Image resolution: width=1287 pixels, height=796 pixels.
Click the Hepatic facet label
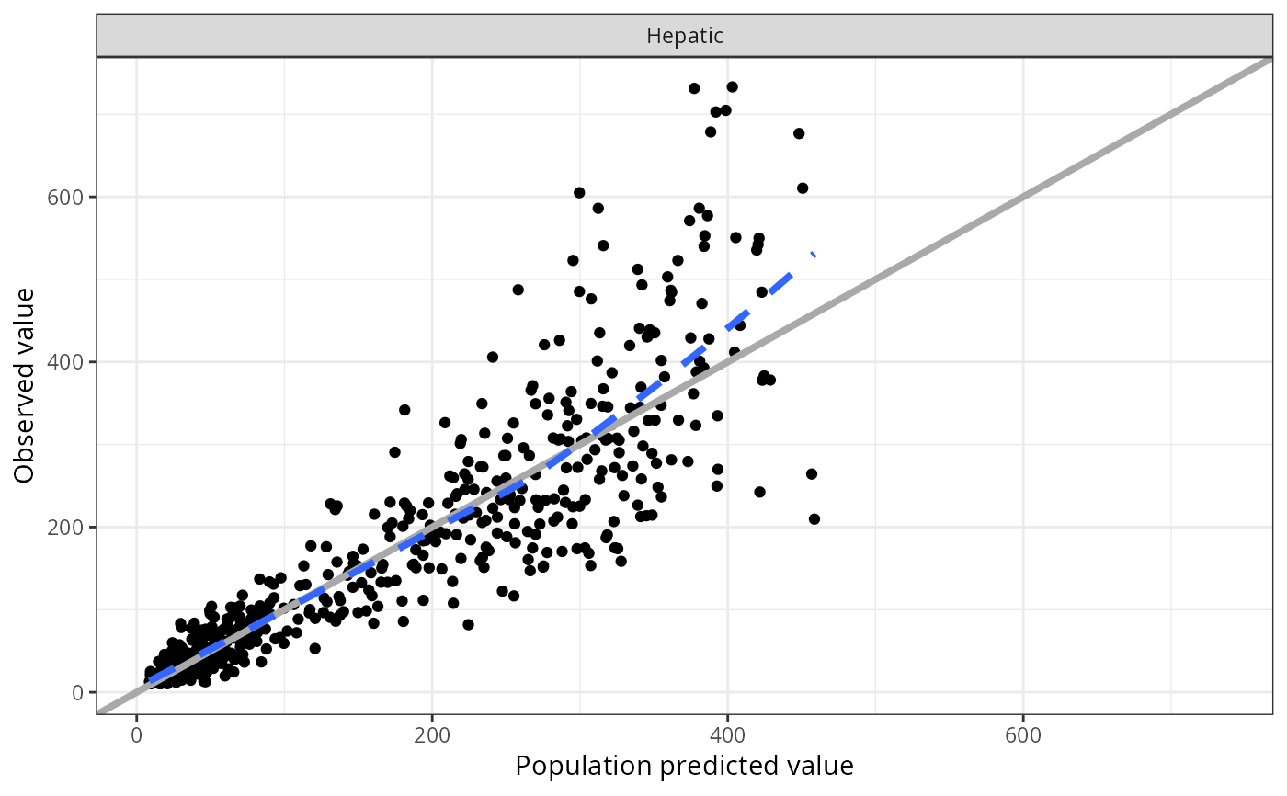pos(685,37)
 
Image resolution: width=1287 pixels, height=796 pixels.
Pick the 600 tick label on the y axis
pos(71,197)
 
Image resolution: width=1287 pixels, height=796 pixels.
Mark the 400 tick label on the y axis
pos(71,361)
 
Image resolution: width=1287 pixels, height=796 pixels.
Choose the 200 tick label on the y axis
pos(71,527)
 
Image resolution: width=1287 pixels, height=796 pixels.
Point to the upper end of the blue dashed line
pos(814,253)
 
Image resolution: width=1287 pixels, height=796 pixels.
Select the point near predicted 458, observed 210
pos(814,518)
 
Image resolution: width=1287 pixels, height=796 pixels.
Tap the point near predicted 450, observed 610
pos(803,188)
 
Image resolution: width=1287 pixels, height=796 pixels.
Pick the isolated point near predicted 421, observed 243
pos(759,492)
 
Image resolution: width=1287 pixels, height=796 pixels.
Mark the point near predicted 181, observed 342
pos(404,410)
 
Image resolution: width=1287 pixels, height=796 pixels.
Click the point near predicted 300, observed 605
pos(579,193)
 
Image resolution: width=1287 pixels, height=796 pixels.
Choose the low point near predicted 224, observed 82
pos(468,624)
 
